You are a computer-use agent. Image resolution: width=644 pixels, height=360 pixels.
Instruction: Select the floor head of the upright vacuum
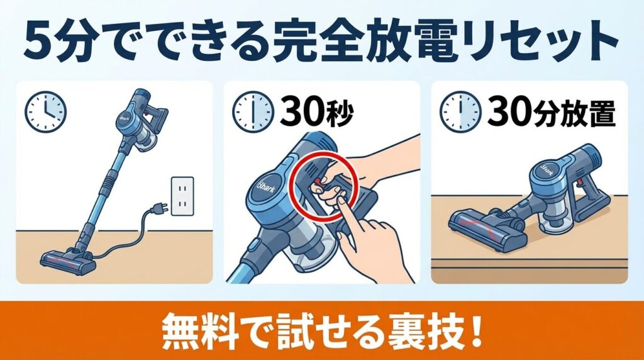67,261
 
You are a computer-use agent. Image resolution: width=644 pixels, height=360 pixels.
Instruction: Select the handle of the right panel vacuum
595,189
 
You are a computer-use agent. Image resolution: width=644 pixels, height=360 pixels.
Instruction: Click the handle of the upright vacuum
155,117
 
